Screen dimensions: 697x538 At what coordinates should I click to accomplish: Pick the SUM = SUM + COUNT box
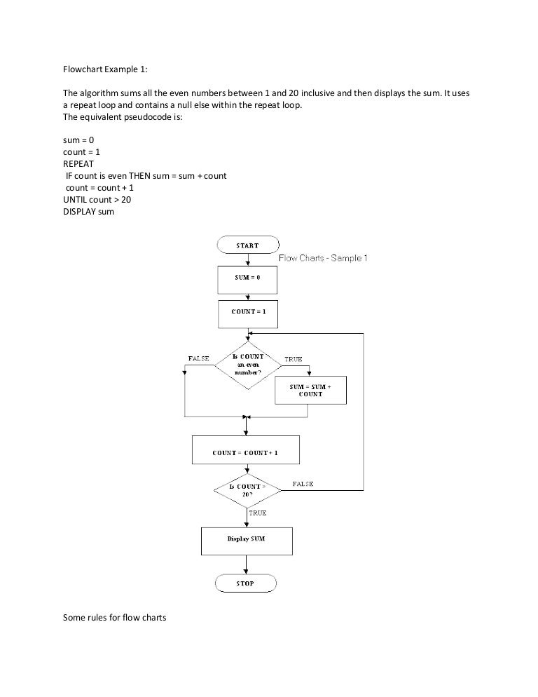[x=310, y=391]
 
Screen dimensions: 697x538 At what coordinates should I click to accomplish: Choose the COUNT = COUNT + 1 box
[x=245, y=452]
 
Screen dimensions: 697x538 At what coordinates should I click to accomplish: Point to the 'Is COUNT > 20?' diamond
[x=247, y=489]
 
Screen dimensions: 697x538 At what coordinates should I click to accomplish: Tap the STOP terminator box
[x=245, y=583]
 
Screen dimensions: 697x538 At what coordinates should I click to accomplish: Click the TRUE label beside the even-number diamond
[x=293, y=359]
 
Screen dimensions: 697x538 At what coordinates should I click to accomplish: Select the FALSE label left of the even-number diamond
[x=199, y=358]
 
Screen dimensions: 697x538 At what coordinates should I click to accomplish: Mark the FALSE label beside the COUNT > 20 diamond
[x=303, y=484]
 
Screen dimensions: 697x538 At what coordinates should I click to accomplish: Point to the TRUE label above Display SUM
[x=258, y=513]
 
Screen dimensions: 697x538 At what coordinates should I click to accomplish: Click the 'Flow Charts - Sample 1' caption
[x=323, y=258]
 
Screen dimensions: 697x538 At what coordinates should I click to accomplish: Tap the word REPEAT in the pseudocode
[x=79, y=163]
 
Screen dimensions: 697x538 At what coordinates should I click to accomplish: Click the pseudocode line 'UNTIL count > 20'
[x=97, y=200]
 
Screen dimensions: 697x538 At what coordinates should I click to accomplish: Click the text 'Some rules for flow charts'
[x=113, y=617]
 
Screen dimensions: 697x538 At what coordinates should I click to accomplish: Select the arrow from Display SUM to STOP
[x=245, y=564]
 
